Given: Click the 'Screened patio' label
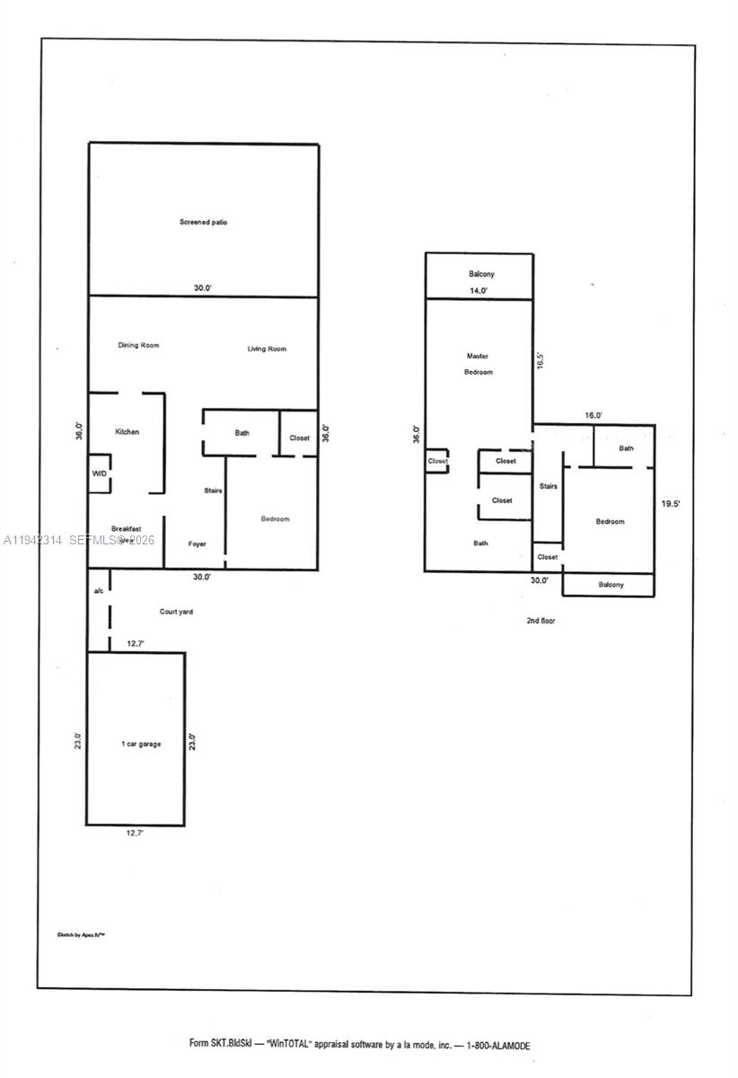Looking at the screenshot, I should coord(203,222).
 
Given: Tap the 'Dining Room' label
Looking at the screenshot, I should coord(138,345).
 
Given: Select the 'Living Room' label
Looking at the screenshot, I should coord(267,349).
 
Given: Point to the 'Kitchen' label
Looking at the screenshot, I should coord(127,432).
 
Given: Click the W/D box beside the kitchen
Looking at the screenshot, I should coord(99,473).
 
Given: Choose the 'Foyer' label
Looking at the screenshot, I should coord(198,544).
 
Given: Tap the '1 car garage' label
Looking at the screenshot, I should coord(141,744).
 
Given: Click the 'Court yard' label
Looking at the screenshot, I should coord(176,612).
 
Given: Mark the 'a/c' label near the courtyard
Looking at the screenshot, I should coord(99,591).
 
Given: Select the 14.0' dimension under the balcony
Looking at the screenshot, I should coord(479,291).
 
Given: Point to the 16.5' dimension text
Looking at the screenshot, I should coord(540,360).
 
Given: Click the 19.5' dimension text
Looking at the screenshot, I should coord(671,504).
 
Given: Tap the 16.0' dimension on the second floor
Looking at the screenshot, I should coord(593,416).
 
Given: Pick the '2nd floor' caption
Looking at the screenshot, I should coord(540,620).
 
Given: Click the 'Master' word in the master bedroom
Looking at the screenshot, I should coord(478,356).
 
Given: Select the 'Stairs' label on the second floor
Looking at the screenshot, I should coord(548,486).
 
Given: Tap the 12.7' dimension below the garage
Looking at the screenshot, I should coord(135,834).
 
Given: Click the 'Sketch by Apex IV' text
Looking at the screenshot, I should coord(82,935).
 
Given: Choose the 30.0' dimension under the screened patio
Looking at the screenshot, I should coord(203,288).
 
